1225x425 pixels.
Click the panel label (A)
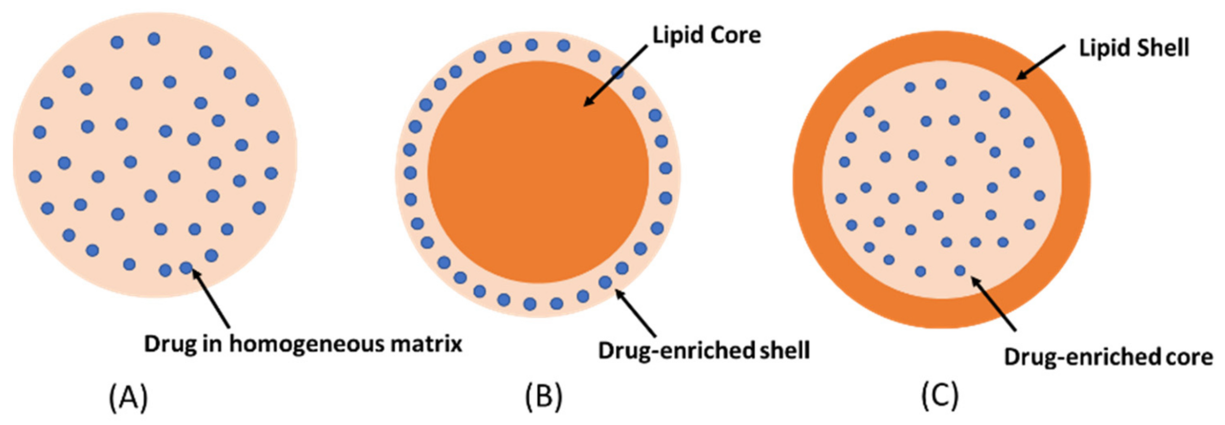[128, 398]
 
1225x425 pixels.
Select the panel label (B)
[544, 398]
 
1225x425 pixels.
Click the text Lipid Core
[706, 35]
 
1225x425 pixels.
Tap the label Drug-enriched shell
[704, 351]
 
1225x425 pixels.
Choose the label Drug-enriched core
[1108, 357]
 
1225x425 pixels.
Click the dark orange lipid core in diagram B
[537, 181]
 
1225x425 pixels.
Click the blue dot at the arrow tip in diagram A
[186, 268]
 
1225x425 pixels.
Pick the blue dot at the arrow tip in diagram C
[960, 271]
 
